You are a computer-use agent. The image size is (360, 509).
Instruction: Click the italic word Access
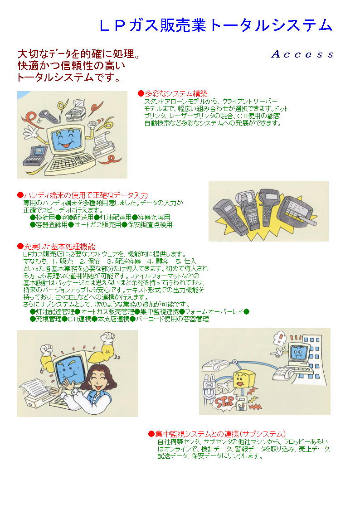[x=302, y=55]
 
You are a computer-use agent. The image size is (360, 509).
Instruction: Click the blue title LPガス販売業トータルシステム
[x=216, y=25]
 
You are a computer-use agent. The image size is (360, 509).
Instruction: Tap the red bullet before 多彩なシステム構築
[x=141, y=93]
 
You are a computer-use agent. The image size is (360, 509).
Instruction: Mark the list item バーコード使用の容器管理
[x=172, y=319]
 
